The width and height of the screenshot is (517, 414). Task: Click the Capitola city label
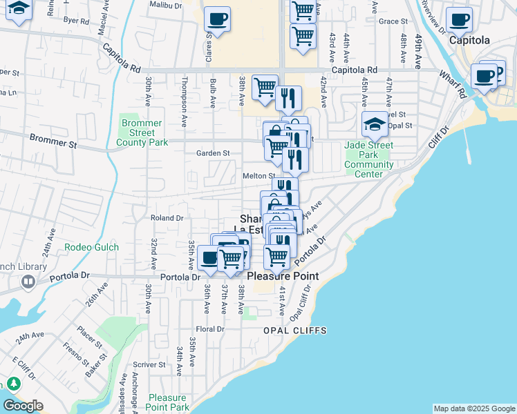(469, 40)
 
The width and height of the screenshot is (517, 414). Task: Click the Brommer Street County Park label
(141, 132)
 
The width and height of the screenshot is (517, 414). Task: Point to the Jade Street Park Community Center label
(369, 159)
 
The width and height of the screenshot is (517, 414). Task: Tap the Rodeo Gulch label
(92, 248)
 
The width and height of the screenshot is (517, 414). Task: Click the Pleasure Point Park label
(168, 402)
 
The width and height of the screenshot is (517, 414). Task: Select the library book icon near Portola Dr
(28, 282)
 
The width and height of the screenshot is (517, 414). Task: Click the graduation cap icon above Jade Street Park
(375, 124)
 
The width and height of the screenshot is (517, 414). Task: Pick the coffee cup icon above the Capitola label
(459, 21)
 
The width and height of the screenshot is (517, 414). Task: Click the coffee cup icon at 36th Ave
(210, 258)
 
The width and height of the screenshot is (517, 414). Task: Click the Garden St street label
(212, 153)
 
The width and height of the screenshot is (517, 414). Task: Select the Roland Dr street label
(167, 218)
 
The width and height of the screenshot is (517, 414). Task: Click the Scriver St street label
(149, 364)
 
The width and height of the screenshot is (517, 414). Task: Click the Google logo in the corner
(23, 406)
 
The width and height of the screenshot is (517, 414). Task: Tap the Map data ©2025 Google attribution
(474, 408)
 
